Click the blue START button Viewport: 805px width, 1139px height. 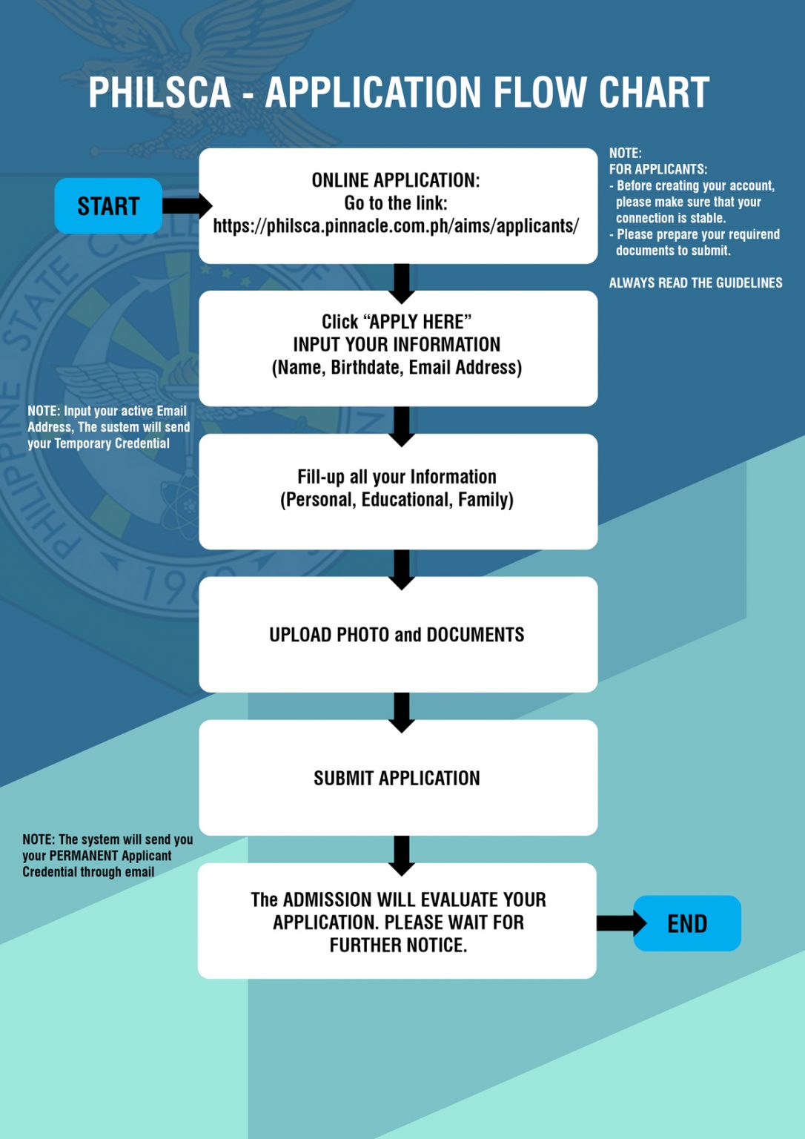point(108,205)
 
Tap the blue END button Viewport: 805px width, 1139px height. point(687,923)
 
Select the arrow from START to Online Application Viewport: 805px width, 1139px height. point(185,205)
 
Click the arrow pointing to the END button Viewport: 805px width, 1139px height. point(620,923)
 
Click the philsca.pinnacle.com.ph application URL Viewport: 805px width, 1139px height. point(396,226)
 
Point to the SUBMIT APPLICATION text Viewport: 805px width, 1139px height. point(397,778)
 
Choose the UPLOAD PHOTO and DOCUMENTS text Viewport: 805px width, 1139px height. point(397,635)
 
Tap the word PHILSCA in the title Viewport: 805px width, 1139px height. point(159,93)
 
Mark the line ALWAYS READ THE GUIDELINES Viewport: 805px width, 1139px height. point(695,283)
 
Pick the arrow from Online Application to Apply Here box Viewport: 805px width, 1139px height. point(401,283)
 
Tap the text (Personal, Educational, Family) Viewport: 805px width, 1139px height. point(397,500)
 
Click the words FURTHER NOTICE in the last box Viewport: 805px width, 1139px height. point(398,945)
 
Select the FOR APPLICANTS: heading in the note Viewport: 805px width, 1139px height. point(658,169)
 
